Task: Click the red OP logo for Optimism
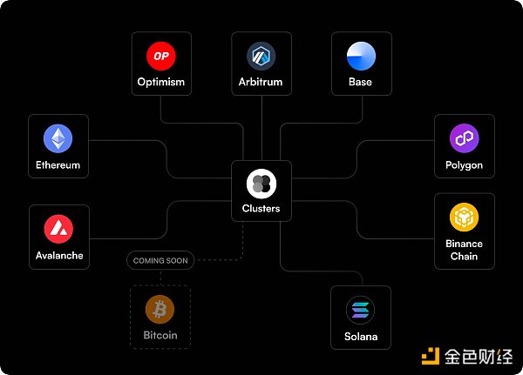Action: pyautogui.click(x=160, y=56)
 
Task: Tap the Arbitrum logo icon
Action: pyautogui.click(x=261, y=56)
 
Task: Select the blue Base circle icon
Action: pyautogui.click(x=360, y=56)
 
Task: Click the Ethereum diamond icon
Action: pyautogui.click(x=58, y=138)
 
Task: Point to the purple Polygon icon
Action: pyautogui.click(x=464, y=138)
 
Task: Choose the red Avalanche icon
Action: pyautogui.click(x=58, y=229)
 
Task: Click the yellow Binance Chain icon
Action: pyautogui.click(x=464, y=218)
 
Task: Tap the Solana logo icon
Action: pyautogui.click(x=360, y=310)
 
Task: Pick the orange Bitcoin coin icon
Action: pyautogui.click(x=160, y=309)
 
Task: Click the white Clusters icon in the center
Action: pyautogui.click(x=261, y=183)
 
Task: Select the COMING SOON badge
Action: pyautogui.click(x=160, y=260)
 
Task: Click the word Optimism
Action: pyautogui.click(x=160, y=83)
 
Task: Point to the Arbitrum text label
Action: pyautogui.click(x=261, y=83)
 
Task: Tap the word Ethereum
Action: pyautogui.click(x=58, y=165)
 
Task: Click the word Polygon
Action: pyautogui.click(x=464, y=165)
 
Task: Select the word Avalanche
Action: pyautogui.click(x=58, y=256)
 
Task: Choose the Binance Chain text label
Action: pyautogui.click(x=464, y=251)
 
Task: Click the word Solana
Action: pyautogui.click(x=360, y=337)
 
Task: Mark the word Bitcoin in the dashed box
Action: pyautogui.click(x=160, y=335)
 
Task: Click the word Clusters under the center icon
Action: pyautogui.click(x=261, y=209)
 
